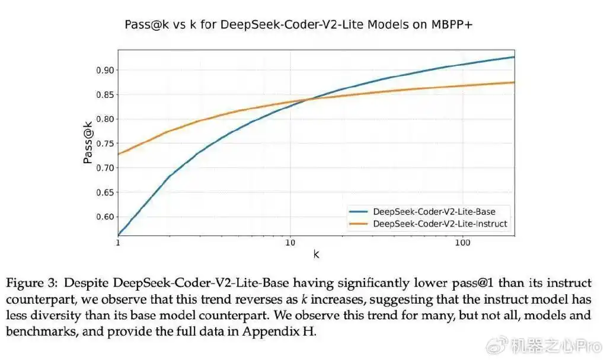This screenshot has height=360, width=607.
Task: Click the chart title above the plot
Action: coord(303,25)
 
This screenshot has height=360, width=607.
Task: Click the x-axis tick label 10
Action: coord(290,243)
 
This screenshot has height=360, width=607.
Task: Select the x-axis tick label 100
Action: coord(462,243)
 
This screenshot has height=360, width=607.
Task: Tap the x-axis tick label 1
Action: coord(118,243)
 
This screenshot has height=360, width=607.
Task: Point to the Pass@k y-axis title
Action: coord(88,142)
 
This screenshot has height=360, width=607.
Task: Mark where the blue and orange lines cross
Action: coord(309,99)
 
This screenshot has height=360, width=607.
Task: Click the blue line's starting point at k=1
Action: coord(119,235)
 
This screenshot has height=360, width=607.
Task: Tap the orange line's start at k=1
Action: coord(119,154)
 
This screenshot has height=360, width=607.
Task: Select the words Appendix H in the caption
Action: coord(287,332)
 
